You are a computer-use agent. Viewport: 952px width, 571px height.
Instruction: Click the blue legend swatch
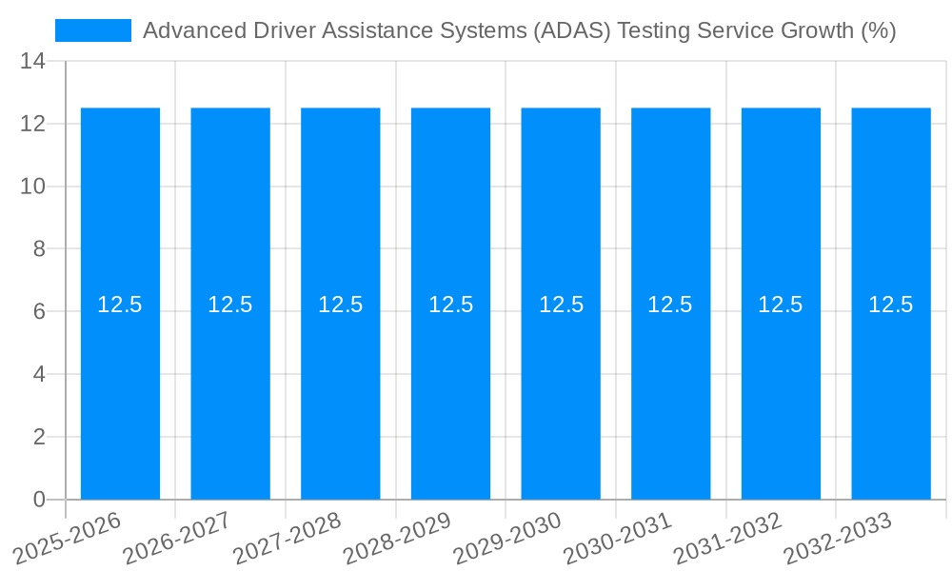(92, 30)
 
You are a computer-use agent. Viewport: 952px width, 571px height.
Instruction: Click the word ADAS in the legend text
(571, 30)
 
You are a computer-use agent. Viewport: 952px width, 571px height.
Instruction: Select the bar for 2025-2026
(120, 381)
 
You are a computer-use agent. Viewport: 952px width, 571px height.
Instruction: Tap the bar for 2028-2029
(450, 381)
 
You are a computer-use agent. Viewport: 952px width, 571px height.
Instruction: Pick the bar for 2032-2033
(891, 381)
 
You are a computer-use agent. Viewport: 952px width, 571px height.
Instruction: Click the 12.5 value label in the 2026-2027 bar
(230, 305)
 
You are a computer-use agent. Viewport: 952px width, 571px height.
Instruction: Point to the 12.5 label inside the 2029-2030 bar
(561, 305)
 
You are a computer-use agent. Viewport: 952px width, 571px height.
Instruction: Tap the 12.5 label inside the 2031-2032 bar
(781, 305)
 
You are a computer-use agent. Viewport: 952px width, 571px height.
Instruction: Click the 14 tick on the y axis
(32, 62)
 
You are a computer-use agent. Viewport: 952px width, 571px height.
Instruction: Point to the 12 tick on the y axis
(32, 124)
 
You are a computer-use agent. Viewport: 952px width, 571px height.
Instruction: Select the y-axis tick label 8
(39, 249)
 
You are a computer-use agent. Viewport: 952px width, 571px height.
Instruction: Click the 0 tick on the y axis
(39, 500)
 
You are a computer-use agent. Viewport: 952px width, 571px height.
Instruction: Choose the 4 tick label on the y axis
(39, 375)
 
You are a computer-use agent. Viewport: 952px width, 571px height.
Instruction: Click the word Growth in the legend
(817, 30)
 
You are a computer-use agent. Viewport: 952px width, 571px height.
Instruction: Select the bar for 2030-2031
(670, 381)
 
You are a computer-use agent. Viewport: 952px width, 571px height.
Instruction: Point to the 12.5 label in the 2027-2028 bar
(341, 305)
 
